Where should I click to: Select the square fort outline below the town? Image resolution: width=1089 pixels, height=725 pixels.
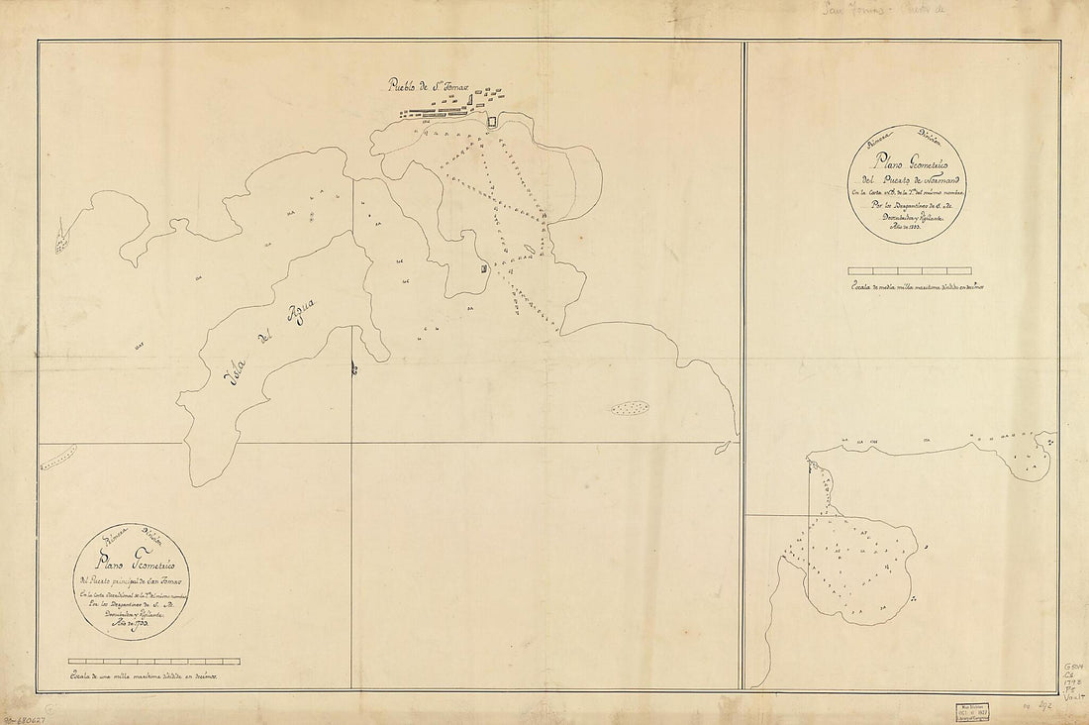(x=492, y=121)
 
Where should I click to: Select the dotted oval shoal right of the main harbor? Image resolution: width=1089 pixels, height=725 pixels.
(x=630, y=407)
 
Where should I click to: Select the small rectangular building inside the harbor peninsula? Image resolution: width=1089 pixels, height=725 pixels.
(x=482, y=269)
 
